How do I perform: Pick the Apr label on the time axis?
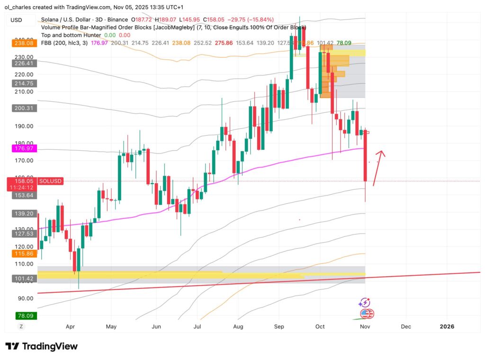point(70,326)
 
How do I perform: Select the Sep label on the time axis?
point(279,326)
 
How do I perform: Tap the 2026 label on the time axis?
point(447,326)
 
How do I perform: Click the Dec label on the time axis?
point(405,326)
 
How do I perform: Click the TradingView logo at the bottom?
point(41,346)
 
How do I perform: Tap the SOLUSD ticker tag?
point(50,181)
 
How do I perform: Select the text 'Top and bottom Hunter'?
point(71,35)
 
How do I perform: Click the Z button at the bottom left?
point(21,326)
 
